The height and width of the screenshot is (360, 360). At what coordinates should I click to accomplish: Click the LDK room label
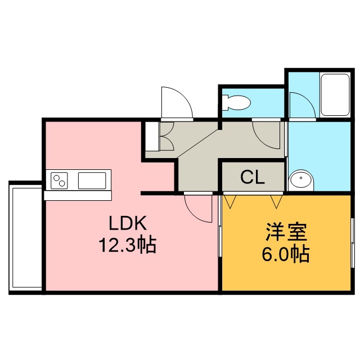point(128,223)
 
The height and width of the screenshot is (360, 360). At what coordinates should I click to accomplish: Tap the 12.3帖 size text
point(128,245)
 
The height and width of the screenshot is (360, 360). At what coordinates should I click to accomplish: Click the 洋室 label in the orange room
point(286,232)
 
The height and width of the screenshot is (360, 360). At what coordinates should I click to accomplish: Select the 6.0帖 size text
point(286,254)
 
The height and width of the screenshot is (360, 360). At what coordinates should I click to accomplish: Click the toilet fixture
point(236,102)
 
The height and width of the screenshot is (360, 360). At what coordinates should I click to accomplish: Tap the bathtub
point(335,95)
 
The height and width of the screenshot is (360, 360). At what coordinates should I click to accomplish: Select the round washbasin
point(301,181)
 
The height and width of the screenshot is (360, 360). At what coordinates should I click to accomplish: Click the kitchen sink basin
point(92,181)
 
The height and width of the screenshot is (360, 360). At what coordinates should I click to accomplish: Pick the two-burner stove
point(59,181)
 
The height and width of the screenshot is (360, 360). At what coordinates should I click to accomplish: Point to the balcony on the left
point(25,237)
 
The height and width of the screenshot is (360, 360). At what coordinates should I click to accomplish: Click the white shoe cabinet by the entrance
point(152,136)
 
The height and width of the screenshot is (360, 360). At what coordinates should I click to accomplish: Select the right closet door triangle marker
point(276,201)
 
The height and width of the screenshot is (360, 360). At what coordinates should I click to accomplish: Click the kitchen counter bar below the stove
point(78,196)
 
